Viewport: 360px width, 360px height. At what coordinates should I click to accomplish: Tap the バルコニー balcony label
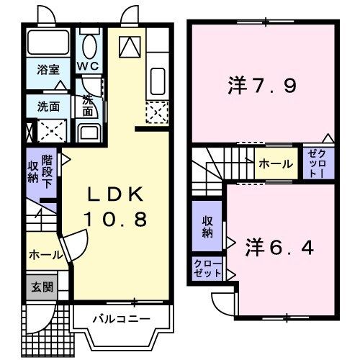(x=120, y=318)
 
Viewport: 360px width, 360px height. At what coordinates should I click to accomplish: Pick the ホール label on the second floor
(x=276, y=163)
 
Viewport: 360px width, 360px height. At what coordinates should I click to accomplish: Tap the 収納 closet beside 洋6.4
(x=207, y=227)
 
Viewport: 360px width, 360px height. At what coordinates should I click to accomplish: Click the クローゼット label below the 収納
(x=207, y=270)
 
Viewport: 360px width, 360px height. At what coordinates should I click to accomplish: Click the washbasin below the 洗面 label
(x=89, y=132)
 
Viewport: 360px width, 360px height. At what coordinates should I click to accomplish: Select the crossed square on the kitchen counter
(x=157, y=112)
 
